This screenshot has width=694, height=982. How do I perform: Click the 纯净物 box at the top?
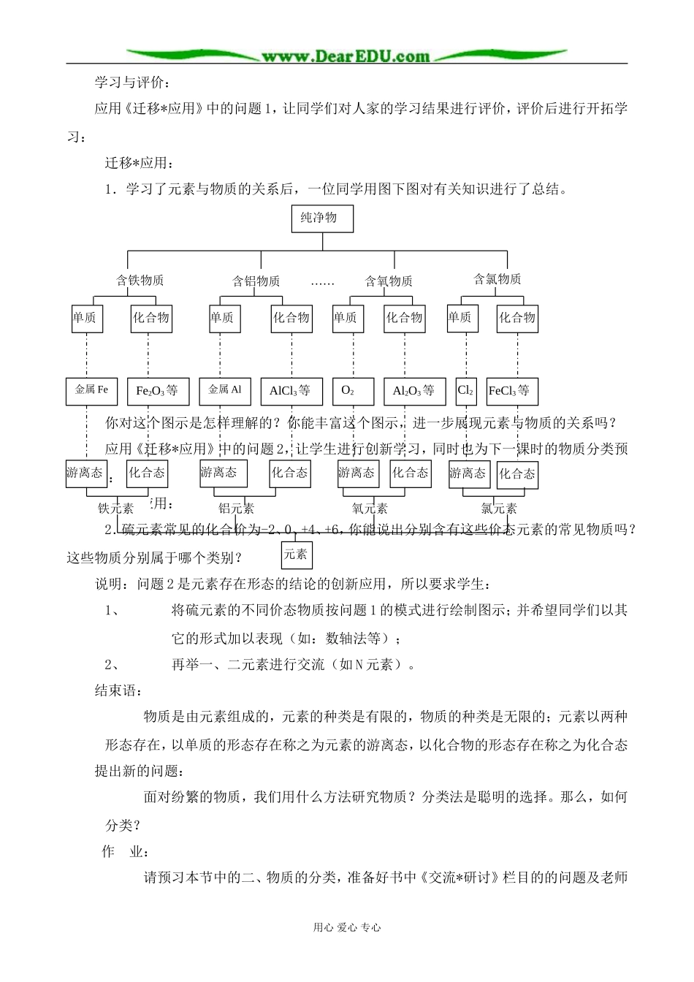(x=321, y=218)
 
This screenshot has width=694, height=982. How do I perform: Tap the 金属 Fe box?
(x=91, y=390)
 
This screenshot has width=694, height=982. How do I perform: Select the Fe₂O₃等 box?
(x=157, y=391)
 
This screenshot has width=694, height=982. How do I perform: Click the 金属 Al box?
(x=225, y=390)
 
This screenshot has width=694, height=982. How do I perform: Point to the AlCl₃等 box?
(x=291, y=391)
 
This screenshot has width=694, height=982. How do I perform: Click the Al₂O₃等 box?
(x=414, y=391)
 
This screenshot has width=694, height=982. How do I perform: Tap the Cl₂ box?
(x=465, y=391)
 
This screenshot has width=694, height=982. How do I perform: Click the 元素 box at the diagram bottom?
(x=296, y=555)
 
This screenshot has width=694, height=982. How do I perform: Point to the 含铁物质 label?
(x=140, y=281)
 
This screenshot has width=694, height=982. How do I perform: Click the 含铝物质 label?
(x=256, y=281)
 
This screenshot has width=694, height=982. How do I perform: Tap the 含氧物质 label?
(x=389, y=281)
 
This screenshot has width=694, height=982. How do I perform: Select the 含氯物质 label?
(x=497, y=279)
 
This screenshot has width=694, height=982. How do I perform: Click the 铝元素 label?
(x=236, y=509)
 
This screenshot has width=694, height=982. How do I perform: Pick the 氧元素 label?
(x=370, y=509)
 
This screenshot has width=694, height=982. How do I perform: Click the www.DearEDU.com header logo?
(x=346, y=56)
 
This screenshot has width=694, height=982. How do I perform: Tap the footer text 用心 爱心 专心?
(x=347, y=927)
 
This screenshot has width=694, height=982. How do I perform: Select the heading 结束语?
(x=118, y=690)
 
